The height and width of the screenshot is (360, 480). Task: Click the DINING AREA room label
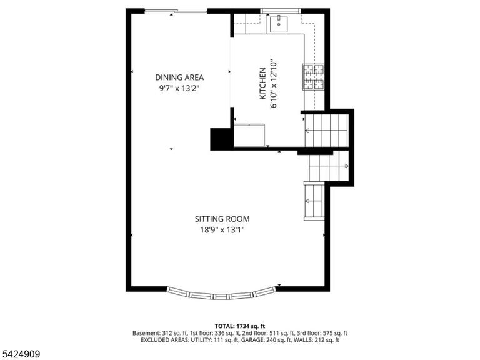click(179, 77)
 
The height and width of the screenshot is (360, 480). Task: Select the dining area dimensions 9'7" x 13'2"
click(179, 89)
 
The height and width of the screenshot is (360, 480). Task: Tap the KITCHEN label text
click(262, 84)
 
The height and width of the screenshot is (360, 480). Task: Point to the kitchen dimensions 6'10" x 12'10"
click(274, 84)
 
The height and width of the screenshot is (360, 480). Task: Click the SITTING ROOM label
click(222, 219)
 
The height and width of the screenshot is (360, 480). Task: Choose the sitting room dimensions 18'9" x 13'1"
click(222, 230)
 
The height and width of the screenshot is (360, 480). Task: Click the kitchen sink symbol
click(279, 24)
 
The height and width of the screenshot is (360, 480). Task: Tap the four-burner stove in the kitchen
click(314, 77)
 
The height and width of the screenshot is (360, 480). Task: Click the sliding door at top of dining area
click(176, 12)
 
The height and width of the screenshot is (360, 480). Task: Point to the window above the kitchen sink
click(281, 11)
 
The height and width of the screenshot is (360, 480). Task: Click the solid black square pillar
click(221, 139)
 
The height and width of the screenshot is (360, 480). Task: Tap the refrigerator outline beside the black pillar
click(249, 135)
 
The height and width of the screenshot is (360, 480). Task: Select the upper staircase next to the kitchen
click(327, 130)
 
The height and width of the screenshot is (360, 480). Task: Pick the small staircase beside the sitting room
click(314, 201)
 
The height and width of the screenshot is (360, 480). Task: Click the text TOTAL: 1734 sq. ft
click(240, 326)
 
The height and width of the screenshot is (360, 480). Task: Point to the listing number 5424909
click(20, 354)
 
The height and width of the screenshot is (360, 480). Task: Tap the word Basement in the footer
click(145, 333)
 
